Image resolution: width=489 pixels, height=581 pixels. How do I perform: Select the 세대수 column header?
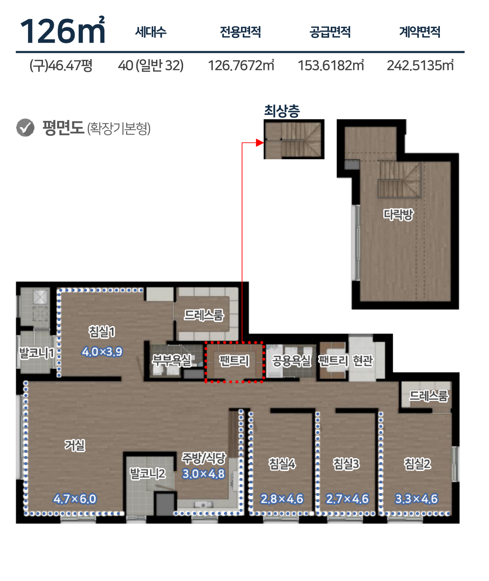[151, 32]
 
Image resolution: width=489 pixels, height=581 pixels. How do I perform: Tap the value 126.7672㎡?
[241, 65]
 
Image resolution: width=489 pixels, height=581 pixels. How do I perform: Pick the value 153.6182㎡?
[331, 65]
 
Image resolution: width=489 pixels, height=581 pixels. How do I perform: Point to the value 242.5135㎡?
[420, 65]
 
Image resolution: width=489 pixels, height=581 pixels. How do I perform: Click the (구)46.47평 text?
[61, 65]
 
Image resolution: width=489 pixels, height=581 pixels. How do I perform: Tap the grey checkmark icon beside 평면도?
[25, 128]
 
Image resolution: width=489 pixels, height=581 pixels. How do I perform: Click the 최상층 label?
[282, 111]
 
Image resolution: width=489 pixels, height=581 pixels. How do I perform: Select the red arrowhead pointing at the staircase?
[260, 143]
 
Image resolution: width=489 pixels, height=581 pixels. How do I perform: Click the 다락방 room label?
[398, 214]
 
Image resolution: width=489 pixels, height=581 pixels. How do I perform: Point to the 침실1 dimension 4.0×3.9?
[102, 351]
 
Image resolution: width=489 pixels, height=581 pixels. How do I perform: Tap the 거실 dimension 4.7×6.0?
[75, 499]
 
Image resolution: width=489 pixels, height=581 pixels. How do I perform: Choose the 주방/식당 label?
[204, 458]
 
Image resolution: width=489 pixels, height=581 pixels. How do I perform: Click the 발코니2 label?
[147, 473]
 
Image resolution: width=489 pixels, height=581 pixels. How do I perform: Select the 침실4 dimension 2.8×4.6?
[282, 499]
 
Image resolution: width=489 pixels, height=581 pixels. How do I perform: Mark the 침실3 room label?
[346, 464]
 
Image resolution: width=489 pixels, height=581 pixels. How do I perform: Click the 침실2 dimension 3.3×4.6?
[416, 499]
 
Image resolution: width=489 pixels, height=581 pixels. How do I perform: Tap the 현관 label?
[363, 361]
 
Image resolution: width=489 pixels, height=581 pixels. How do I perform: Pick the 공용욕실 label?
[291, 361]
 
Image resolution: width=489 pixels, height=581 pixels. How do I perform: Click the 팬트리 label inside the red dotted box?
[234, 361]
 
